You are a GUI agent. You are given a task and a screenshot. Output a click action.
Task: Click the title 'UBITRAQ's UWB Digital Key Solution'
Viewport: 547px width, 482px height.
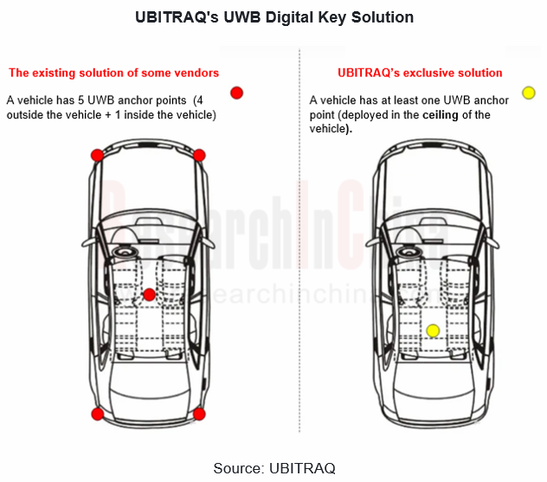click(x=273, y=17)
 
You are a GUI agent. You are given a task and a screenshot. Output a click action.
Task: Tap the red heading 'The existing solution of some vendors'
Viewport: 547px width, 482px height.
click(x=113, y=73)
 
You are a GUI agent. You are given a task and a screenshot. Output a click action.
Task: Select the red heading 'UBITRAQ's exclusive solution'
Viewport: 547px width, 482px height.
click(x=420, y=73)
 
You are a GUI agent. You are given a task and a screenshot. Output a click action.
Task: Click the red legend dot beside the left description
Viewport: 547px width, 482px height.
click(x=236, y=93)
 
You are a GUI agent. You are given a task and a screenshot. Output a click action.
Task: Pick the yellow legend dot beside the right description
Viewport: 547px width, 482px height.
click(x=529, y=93)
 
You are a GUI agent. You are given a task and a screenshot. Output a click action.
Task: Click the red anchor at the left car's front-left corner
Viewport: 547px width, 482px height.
click(x=97, y=155)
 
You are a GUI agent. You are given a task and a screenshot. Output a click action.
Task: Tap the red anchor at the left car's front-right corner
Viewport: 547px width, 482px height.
click(x=199, y=155)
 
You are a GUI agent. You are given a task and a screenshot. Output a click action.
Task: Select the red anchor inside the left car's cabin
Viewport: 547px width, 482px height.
click(x=149, y=294)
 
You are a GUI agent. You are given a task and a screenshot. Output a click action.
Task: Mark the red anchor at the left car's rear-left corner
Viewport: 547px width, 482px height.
click(x=97, y=415)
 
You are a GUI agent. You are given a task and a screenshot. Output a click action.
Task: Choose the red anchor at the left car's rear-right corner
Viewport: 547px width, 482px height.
click(x=199, y=415)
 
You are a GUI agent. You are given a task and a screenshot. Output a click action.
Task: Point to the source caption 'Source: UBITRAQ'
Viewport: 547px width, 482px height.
click(x=273, y=467)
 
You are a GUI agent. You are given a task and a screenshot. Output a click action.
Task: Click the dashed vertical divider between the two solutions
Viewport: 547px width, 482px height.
click(x=299, y=260)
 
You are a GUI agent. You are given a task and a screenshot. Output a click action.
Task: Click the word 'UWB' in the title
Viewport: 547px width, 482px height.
click(x=228, y=17)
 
